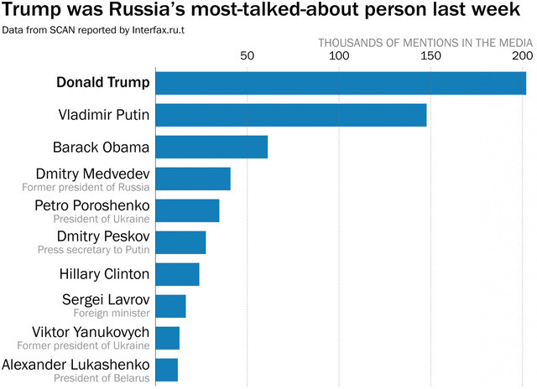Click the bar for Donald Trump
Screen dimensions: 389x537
[341, 83]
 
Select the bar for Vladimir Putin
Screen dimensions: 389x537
[291, 115]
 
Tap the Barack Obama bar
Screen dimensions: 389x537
[211, 147]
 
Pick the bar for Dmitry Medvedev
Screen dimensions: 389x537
[193, 179]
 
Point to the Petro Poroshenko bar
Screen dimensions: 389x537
[187, 210]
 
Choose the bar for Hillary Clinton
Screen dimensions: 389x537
[177, 274]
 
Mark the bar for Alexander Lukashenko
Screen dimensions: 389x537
[166, 370]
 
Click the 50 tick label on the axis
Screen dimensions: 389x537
[247, 57]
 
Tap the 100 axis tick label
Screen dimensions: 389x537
[338, 57]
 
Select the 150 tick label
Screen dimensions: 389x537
[430, 57]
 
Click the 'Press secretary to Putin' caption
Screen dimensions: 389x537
[94, 250]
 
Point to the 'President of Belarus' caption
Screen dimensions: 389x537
[102, 378]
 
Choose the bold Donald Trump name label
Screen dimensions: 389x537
[103, 83]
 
